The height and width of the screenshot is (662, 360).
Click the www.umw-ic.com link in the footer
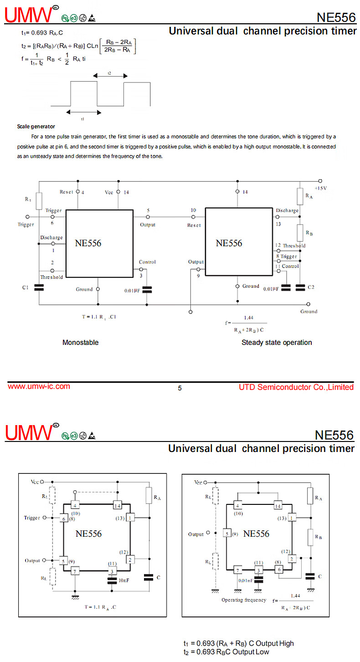[x=39, y=386]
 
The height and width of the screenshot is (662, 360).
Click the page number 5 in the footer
[x=180, y=388]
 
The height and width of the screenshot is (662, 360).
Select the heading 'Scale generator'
[x=36, y=127]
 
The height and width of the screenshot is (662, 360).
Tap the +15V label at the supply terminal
[x=321, y=188]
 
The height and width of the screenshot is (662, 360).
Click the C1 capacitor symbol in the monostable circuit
[x=39, y=287]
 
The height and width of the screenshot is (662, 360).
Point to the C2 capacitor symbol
[x=300, y=287]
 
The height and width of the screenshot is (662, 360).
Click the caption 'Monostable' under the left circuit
[x=80, y=343]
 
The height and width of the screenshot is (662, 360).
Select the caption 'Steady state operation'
[x=277, y=343]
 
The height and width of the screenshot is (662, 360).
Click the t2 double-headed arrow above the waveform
[x=110, y=76]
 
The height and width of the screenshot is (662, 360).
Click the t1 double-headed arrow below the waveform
[x=84, y=112]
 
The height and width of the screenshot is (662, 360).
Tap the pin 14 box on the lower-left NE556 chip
[x=117, y=505]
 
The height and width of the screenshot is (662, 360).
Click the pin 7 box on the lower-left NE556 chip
[x=75, y=571]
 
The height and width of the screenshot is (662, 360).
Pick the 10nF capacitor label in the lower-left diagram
[x=124, y=580]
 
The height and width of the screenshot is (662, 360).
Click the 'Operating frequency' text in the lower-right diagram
[x=244, y=600]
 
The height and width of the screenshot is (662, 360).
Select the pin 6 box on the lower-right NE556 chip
[x=279, y=570]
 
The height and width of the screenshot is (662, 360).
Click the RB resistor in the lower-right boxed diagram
[x=310, y=537]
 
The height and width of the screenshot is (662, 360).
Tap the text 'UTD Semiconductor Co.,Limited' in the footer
[x=296, y=387]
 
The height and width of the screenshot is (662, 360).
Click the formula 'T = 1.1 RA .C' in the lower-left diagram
[x=100, y=607]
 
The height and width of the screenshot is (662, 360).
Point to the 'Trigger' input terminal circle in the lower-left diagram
[x=44, y=518]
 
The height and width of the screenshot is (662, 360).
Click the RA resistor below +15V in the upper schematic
[x=300, y=196]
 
